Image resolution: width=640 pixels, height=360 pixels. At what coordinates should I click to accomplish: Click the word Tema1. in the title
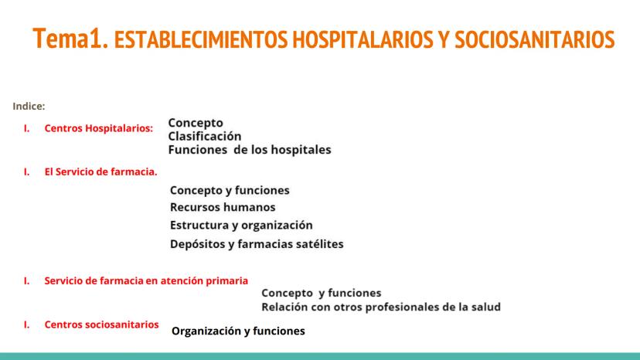coord(70,39)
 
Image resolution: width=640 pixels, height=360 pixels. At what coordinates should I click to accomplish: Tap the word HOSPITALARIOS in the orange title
coord(363,39)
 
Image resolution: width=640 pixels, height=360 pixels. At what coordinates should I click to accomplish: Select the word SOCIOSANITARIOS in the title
coord(535,39)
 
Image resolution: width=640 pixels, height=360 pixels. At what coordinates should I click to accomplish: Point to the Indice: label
coord(29,106)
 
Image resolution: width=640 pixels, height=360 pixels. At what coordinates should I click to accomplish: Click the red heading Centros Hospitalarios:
coord(99,128)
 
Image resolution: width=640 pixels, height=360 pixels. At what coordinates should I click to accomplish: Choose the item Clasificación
coord(205,136)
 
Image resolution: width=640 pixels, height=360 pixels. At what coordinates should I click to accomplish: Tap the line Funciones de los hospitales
coord(250,150)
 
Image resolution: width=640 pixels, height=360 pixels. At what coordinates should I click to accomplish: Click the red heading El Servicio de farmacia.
coord(100,172)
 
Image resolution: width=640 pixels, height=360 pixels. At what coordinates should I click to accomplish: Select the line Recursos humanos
coord(223,207)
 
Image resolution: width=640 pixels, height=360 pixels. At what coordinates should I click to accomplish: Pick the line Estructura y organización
coord(241,226)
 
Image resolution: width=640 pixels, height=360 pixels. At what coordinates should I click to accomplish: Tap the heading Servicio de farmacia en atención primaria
coord(146,281)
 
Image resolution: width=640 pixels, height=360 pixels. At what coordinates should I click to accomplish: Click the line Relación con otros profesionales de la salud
coord(381,307)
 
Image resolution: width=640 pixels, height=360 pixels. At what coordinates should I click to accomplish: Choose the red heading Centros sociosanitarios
coord(101,324)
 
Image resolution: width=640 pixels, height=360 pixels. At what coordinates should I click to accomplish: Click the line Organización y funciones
coord(238,331)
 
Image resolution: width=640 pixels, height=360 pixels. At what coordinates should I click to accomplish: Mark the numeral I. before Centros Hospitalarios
coord(26,128)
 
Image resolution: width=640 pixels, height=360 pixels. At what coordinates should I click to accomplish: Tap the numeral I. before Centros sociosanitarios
coord(26,324)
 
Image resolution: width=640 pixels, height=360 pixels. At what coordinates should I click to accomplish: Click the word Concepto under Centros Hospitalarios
coord(196,123)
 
